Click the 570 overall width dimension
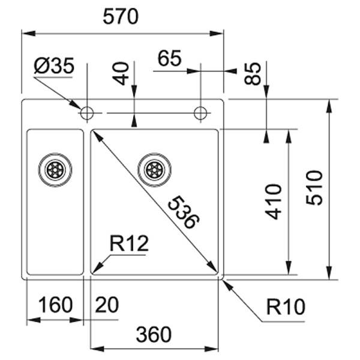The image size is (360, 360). [x=121, y=17]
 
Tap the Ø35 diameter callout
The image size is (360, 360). [x=54, y=65]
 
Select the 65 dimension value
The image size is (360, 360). [x=170, y=58]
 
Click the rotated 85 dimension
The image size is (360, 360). [x=253, y=74]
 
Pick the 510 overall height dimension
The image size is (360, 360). [x=314, y=188]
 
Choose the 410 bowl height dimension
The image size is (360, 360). [x=273, y=202]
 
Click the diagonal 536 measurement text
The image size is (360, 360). [x=184, y=212]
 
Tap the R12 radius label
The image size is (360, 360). [x=129, y=244]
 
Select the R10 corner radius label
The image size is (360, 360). [x=286, y=307]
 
